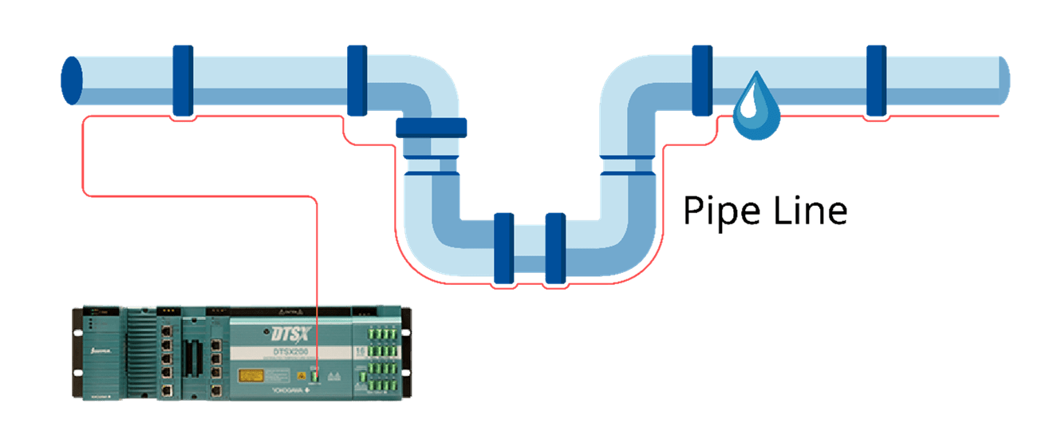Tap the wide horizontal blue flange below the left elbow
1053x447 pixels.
[x=431, y=127]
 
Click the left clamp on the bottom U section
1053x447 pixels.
[x=503, y=248]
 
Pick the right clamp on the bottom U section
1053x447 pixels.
[x=554, y=248]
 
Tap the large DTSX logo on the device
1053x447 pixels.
[x=286, y=331]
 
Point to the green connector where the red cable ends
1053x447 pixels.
[x=317, y=373]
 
